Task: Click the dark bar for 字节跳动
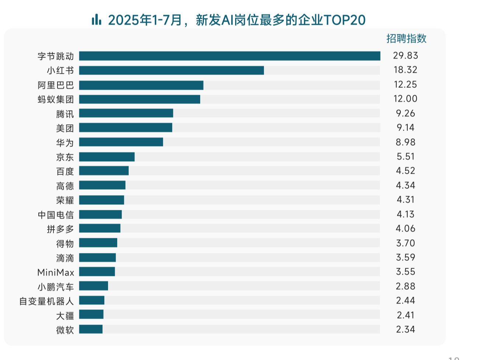coord(229,56)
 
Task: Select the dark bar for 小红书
coord(171,70)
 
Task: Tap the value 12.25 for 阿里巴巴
coord(405,84)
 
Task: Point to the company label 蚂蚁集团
coord(56,99)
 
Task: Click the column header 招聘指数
coord(406,38)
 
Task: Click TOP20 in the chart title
coord(344,20)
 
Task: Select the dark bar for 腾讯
coord(126,113)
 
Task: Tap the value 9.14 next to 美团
coord(405,128)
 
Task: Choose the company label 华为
coord(65,142)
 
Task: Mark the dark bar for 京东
coord(107,157)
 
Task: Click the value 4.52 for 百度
coord(405,171)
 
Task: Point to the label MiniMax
coord(56,273)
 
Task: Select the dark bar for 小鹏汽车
coord(93,286)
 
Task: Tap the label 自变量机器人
coord(46,301)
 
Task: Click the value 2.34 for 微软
coord(405,329)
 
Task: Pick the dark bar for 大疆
coord(91,315)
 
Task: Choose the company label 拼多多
coord(60,229)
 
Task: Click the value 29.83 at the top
coord(405,56)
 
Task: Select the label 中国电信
coord(56,215)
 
